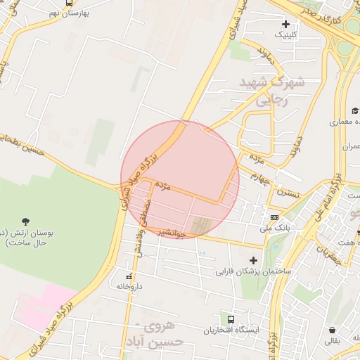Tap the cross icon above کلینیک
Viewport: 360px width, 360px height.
tap(285, 23)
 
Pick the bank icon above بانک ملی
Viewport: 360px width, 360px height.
tap(274, 217)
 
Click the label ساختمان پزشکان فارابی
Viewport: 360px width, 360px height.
tap(253, 271)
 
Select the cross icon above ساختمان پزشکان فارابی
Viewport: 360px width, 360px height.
tap(254, 259)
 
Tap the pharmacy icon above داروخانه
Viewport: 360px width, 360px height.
tap(129, 276)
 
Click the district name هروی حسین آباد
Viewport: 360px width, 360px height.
tap(162, 334)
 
